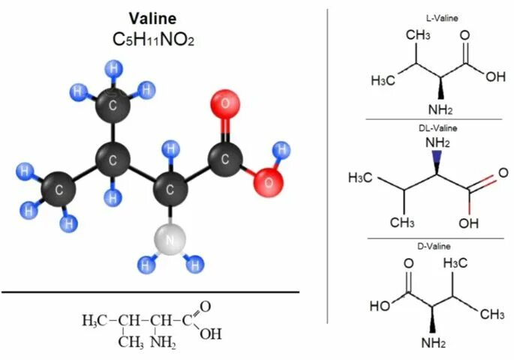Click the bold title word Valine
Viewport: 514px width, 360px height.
[152, 19]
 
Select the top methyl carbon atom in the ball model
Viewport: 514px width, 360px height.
[113, 106]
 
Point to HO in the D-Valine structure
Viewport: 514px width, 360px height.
[380, 305]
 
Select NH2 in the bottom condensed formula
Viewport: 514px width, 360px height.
[161, 343]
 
